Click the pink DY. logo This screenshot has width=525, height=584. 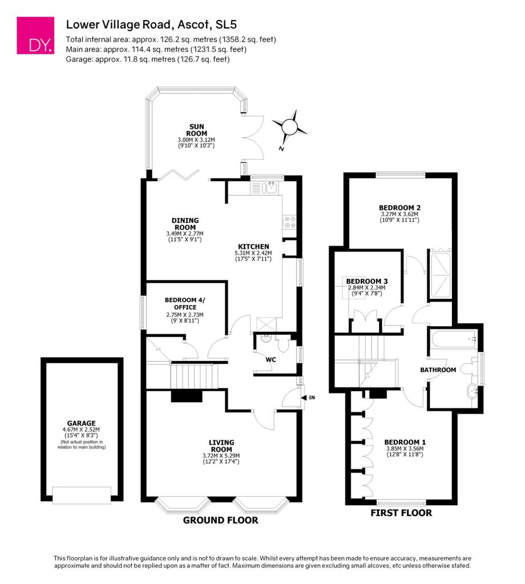tap(35, 35)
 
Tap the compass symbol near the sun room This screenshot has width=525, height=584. tap(289, 128)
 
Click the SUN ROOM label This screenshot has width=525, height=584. tap(196, 130)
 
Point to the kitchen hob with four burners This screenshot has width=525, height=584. tap(289, 222)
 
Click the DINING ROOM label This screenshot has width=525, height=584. tap(185, 224)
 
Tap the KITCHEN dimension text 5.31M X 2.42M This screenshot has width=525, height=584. tap(253, 253)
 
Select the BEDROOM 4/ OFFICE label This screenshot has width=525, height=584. tap(185, 303)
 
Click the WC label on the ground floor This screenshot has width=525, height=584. tap(271, 359)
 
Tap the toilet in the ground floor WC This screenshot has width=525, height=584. tap(283, 344)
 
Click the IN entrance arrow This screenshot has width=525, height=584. tap(304, 398)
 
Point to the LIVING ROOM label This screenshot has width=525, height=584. tap(221, 446)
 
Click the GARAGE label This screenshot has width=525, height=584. tap(81, 423)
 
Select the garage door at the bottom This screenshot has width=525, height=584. tap(82, 496)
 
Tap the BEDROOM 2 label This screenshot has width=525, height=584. tap(400, 208)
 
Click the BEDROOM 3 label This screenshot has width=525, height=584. tap(367, 281)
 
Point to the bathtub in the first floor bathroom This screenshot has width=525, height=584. tap(453, 339)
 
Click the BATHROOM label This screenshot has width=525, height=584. tap(438, 370)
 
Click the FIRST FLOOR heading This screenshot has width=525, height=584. tap(401, 513)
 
